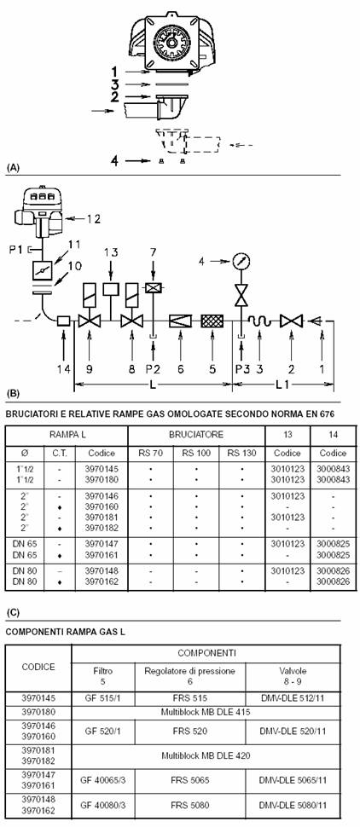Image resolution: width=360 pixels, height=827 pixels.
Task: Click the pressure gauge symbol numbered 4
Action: click(x=241, y=261)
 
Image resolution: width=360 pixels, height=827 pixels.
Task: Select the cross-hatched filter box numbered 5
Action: click(x=213, y=321)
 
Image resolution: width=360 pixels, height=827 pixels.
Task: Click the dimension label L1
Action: click(x=283, y=385)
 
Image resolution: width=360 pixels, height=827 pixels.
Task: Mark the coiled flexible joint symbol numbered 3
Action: click(x=259, y=321)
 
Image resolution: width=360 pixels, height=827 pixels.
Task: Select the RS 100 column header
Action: click(x=196, y=453)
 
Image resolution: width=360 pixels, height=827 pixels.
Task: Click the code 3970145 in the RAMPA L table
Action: click(x=102, y=469)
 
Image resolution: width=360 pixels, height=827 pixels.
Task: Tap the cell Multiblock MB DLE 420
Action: click(x=206, y=755)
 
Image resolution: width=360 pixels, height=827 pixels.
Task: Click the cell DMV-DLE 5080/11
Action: click(x=293, y=806)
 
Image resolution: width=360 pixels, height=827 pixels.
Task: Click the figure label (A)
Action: click(x=13, y=168)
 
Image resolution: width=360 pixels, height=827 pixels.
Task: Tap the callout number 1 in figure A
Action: click(x=114, y=71)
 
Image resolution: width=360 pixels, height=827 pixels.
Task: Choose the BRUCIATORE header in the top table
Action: click(x=196, y=435)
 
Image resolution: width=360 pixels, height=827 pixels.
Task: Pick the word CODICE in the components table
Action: click(x=38, y=666)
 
